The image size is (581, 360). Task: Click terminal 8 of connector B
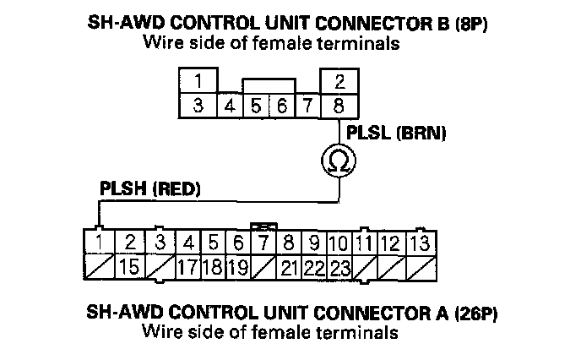[x=338, y=106]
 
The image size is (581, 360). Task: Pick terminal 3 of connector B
[x=197, y=106]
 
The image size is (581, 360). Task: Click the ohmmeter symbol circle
[x=338, y=158]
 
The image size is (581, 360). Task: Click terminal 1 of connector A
[x=101, y=243]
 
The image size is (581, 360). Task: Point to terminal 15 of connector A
[x=129, y=269]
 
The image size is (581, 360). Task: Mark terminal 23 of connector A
[x=339, y=269]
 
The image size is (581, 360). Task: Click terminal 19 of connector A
[x=238, y=269]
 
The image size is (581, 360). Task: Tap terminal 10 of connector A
[x=339, y=243]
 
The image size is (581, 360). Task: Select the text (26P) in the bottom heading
[x=477, y=313]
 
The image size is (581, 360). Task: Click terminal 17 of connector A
[x=188, y=269]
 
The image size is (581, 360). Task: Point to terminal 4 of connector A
[x=189, y=243]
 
